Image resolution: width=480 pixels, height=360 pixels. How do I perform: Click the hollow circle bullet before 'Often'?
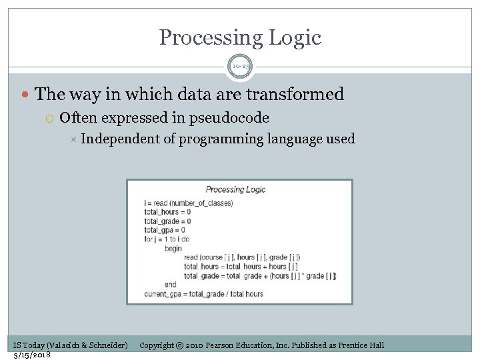click(51, 119)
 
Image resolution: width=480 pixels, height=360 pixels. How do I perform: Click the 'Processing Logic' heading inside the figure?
click(235, 189)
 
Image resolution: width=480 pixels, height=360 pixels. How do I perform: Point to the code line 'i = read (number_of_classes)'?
click(188, 203)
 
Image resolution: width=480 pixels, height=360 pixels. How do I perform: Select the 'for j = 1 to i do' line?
click(167, 239)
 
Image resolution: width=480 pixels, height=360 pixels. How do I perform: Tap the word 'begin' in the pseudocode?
click(173, 248)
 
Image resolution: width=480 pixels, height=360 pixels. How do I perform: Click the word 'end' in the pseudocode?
click(170, 285)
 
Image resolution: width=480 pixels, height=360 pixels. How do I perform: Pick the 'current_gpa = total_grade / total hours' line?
click(203, 294)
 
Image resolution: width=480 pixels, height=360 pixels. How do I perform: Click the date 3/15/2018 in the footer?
click(31, 354)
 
